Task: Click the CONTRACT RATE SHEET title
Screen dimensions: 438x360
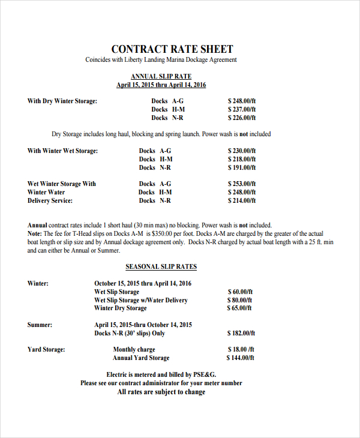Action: click(x=172, y=49)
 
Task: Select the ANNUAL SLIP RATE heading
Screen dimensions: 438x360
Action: click(x=161, y=76)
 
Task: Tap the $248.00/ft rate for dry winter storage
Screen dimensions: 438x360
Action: click(x=242, y=101)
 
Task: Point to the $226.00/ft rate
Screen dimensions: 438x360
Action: click(x=242, y=118)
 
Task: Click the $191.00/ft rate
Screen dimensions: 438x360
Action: click(x=242, y=167)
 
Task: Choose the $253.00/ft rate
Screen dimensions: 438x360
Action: click(x=242, y=184)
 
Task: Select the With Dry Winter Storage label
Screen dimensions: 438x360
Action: click(x=62, y=101)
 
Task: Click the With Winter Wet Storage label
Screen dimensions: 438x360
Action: click(x=62, y=151)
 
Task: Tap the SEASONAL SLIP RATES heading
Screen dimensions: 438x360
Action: click(x=161, y=266)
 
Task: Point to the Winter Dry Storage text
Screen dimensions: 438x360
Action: click(x=120, y=308)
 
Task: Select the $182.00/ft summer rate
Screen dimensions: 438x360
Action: click(x=241, y=332)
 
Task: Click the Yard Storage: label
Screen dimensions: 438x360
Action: click(x=46, y=349)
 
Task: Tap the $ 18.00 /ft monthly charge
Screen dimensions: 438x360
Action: click(x=241, y=349)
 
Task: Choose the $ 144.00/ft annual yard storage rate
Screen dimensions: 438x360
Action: click(x=241, y=358)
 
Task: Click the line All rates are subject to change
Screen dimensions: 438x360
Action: click(x=161, y=392)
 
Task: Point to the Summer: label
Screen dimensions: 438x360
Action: click(x=40, y=325)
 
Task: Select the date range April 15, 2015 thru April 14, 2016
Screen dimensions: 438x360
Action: click(x=161, y=85)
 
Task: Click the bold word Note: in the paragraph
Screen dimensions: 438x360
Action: click(x=35, y=233)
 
